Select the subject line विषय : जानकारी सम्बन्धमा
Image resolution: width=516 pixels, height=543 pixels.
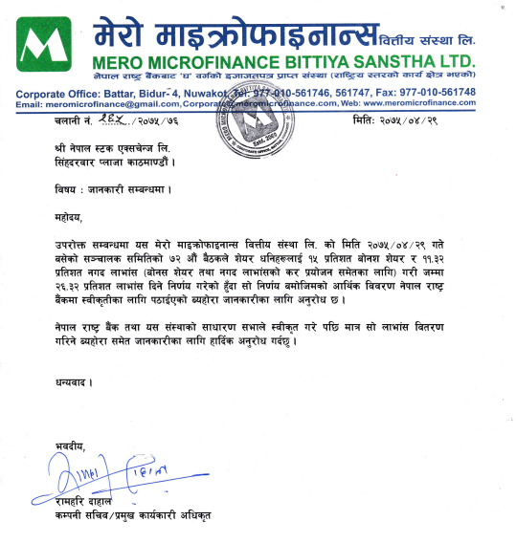[113, 187]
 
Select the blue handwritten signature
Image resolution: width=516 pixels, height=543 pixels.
[98, 473]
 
